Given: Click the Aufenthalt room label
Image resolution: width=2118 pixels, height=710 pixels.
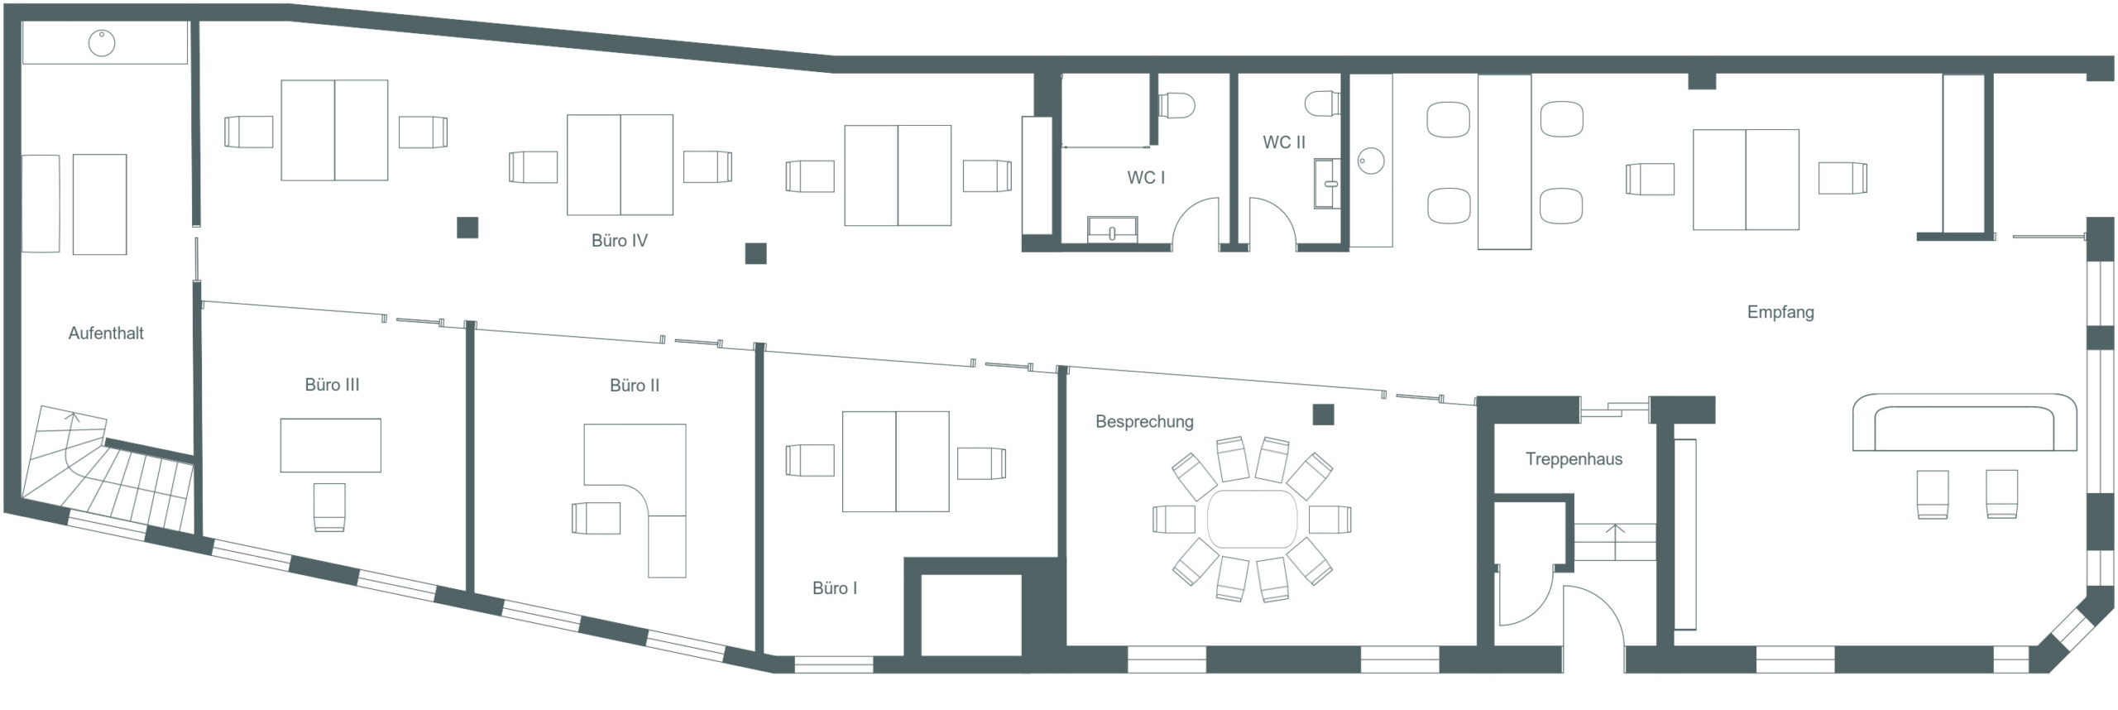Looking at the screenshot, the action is click(106, 333).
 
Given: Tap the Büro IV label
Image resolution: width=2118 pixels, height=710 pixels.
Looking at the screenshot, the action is click(619, 241).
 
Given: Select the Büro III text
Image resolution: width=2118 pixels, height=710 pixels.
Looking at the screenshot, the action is click(332, 385).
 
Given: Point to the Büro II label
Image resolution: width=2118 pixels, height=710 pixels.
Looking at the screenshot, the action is click(635, 386).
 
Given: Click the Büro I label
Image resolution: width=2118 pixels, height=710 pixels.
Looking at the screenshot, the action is click(835, 588).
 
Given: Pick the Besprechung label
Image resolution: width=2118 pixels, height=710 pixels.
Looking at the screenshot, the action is click(1144, 422).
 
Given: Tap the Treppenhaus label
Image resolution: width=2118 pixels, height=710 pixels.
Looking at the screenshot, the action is click(1574, 459).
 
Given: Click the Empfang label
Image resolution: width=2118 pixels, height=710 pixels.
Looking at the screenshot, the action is click(1780, 313).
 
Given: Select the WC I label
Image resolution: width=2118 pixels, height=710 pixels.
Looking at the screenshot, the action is click(1146, 178).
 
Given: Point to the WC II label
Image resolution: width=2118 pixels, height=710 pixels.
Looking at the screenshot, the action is click(1283, 142).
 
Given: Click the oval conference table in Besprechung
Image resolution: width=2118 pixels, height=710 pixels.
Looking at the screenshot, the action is click(1252, 519).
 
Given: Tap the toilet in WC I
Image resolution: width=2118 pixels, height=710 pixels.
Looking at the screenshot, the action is click(1176, 105).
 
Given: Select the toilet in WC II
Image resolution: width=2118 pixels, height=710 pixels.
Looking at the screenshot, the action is click(1322, 103).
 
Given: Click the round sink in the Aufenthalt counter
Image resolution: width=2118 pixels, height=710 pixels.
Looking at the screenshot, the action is click(102, 43).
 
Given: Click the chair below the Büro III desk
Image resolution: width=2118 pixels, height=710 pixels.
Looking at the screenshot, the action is click(329, 507).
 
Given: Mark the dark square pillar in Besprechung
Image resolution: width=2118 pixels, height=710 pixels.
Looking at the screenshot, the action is click(1323, 415).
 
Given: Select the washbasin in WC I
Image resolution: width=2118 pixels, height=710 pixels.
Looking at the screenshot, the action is click(1112, 229).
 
